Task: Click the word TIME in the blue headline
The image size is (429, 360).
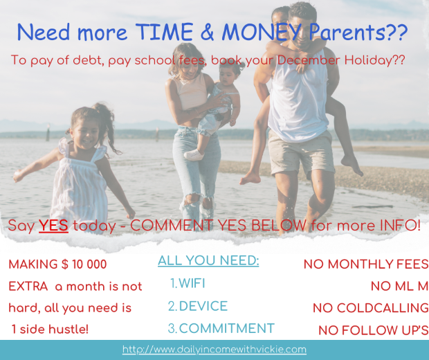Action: coord(165,32)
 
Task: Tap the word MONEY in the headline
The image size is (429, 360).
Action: coord(262,32)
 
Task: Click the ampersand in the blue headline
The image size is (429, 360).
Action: coord(207,32)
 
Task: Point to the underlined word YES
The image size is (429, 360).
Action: coord(53,225)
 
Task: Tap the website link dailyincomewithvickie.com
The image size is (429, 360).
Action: coord(214,350)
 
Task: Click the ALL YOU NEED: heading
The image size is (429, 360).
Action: coord(208,260)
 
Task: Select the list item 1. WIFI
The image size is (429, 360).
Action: coord(188,283)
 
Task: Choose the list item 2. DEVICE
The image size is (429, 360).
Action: coord(198,306)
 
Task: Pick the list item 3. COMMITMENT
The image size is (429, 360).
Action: coord(221,328)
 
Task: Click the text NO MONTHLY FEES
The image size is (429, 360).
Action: coord(366,264)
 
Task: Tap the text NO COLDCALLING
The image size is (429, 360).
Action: coord(371,308)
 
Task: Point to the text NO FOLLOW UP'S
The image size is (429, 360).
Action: coord(374,330)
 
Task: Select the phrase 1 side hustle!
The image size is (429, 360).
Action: coord(50,329)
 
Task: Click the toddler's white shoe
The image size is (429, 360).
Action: coord(194,155)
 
